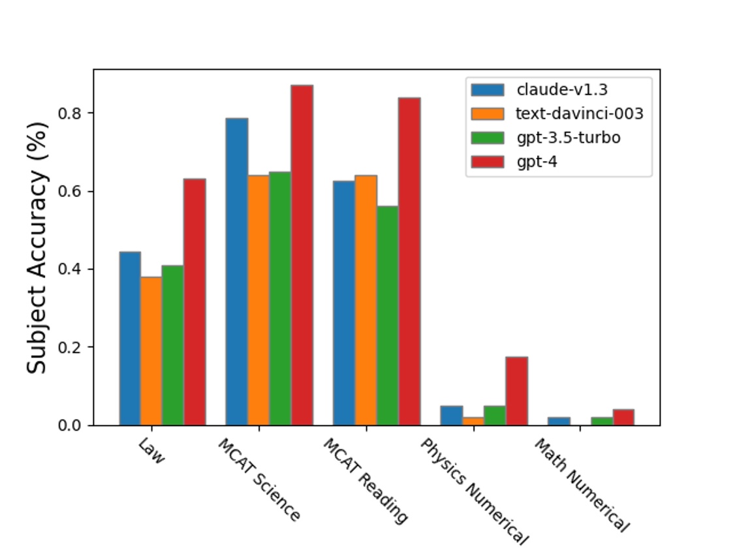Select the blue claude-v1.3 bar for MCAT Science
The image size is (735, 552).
coord(236,271)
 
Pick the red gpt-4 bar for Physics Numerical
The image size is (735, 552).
coord(516,391)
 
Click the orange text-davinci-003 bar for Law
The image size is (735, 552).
coord(151,351)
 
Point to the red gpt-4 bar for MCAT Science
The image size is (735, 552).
coord(302,255)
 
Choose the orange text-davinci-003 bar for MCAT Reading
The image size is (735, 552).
coord(366,300)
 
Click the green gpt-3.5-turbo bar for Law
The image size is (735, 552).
coord(173,345)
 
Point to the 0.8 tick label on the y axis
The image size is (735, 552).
coord(72,113)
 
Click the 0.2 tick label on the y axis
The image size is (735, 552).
coord(72,347)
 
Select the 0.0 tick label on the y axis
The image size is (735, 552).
coord(72,425)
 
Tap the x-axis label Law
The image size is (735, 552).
coord(151,451)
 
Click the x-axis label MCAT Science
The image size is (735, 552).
coord(259,480)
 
